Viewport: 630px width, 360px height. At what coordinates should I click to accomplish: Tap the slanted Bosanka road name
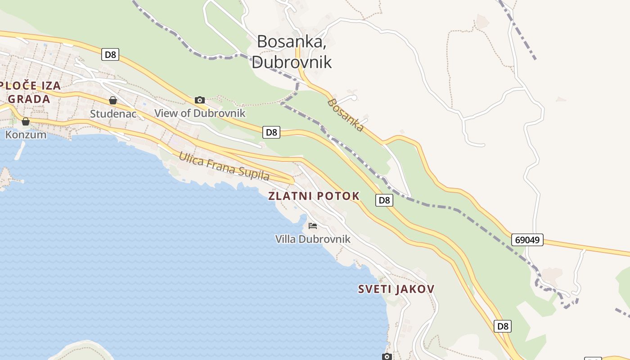point(346,115)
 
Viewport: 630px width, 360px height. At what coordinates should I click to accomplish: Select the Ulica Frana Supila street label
point(224,166)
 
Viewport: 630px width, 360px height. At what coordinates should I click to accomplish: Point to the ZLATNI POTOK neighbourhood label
point(314,196)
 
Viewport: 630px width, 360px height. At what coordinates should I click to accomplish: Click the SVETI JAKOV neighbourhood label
point(396,289)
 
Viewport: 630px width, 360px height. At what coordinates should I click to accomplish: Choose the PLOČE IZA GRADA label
point(30,92)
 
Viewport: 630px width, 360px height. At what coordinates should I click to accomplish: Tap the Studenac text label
point(113,113)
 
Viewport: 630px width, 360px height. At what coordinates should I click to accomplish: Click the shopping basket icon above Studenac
point(113,100)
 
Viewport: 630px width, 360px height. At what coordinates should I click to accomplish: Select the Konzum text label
point(26,134)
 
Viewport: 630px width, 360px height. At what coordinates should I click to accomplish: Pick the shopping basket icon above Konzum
point(26,121)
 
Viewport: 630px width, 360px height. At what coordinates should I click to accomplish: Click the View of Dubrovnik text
point(200,113)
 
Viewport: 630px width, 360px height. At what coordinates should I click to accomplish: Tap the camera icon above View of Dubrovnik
point(200,100)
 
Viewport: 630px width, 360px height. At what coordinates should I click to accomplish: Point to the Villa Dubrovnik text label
point(313,239)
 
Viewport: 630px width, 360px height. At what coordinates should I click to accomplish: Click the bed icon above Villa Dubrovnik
point(313,225)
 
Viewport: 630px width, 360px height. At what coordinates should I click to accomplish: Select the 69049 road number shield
point(527,240)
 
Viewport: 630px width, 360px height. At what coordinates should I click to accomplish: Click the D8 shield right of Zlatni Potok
point(384,200)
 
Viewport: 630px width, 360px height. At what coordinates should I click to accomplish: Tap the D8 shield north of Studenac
point(110,55)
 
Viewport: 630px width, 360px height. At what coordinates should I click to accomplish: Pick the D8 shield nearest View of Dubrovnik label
point(271,132)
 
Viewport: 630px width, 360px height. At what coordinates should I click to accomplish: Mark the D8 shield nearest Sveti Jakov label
point(503,326)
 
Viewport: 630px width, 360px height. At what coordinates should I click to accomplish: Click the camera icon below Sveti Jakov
point(387,356)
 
